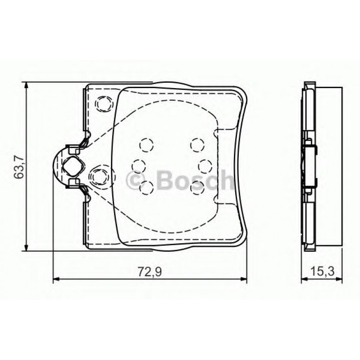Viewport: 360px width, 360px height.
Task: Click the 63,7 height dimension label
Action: pyautogui.click(x=18, y=167)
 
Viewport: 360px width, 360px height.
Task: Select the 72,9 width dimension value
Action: pyautogui.click(x=150, y=271)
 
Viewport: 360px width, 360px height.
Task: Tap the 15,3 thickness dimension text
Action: pyautogui.click(x=320, y=271)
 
